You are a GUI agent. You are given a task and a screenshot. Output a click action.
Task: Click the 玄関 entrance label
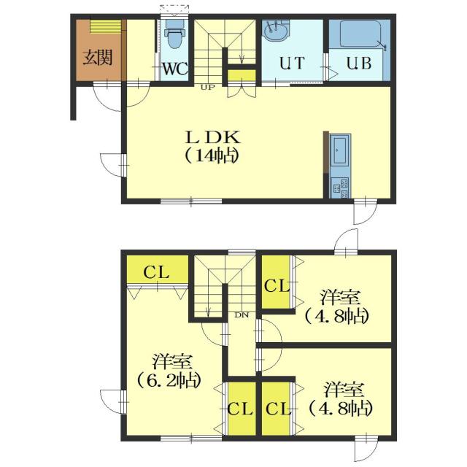[97, 58]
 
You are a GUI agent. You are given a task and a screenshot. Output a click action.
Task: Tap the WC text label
[175, 69]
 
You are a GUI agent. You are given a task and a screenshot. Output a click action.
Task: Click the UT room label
[292, 63]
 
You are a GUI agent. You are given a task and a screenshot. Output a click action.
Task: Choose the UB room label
[359, 63]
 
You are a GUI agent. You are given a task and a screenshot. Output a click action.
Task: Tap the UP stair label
[207, 88]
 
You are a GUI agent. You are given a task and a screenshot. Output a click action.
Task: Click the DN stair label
[242, 314]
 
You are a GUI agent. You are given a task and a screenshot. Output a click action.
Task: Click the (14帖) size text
[212, 155]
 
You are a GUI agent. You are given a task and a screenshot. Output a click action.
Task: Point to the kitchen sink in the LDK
[340, 149]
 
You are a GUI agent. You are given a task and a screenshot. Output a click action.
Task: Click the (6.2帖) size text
[169, 380]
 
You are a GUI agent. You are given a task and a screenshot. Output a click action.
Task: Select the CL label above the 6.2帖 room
[157, 272]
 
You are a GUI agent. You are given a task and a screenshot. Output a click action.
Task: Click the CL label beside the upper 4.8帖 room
[277, 286]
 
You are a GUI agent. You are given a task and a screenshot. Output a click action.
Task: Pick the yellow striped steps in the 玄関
[105, 26]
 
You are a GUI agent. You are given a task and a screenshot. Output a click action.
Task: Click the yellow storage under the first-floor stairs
[242, 76]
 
